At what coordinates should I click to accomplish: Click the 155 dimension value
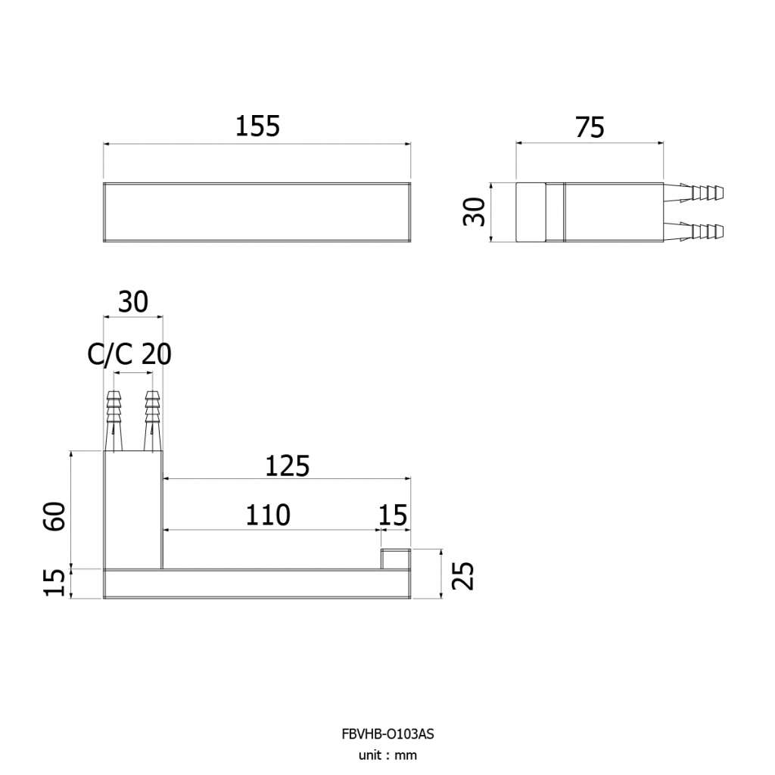(x=257, y=126)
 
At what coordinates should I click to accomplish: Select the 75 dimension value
(x=590, y=127)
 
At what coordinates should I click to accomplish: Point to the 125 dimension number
(x=287, y=466)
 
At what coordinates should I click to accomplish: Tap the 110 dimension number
(x=268, y=515)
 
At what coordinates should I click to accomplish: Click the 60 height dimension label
(x=54, y=516)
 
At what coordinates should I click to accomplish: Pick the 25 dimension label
(x=463, y=575)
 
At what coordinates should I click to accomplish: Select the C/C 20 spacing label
(x=129, y=354)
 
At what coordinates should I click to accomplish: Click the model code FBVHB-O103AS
(x=387, y=734)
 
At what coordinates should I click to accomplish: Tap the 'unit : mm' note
(x=387, y=755)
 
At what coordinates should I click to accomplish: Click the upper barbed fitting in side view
(x=693, y=193)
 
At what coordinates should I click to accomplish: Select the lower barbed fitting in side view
(x=693, y=232)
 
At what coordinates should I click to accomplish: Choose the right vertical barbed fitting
(x=152, y=421)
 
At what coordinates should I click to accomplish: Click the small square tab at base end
(x=395, y=559)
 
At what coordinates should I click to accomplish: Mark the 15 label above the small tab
(x=393, y=515)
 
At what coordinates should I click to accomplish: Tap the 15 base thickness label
(x=54, y=584)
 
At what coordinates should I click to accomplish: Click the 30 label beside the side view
(x=474, y=212)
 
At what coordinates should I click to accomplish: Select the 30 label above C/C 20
(x=133, y=302)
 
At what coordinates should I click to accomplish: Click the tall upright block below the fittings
(x=133, y=510)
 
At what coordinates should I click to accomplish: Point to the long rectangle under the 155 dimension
(x=257, y=212)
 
